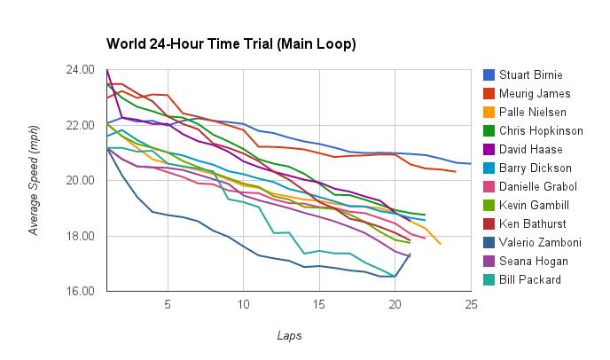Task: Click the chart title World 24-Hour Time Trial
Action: tap(231, 43)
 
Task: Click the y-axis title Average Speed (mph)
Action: tap(35, 180)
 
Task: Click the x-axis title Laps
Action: tap(289, 335)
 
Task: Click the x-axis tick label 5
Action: tap(168, 304)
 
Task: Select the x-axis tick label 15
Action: tap(319, 304)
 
